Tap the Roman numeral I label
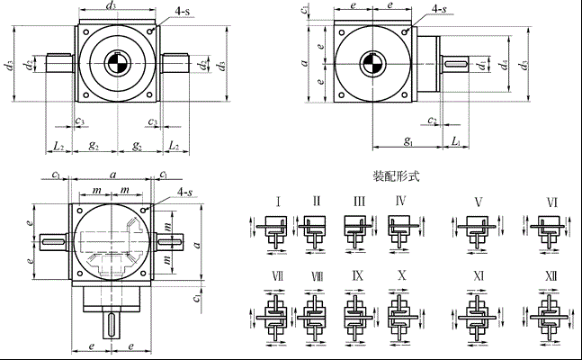tap(278, 201)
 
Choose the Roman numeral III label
tap(359, 201)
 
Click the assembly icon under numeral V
tap(474, 228)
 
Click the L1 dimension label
tap(457, 141)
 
